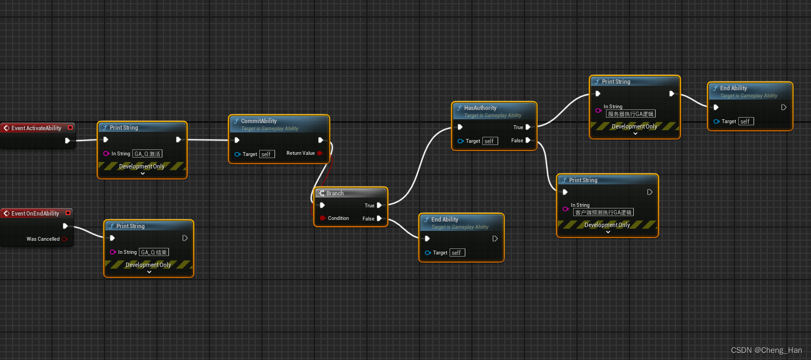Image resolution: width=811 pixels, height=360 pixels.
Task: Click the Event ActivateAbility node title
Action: [36, 128]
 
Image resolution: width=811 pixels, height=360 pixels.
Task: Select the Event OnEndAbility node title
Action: [35, 213]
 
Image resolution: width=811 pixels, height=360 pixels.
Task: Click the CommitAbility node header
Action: [259, 121]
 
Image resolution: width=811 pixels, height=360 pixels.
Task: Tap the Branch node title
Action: [335, 193]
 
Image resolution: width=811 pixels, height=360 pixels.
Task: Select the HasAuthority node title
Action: [480, 108]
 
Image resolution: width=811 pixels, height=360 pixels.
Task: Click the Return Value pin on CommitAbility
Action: [320, 153]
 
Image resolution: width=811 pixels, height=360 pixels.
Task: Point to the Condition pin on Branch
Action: [323, 218]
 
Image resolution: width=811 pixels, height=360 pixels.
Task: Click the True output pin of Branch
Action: [380, 205]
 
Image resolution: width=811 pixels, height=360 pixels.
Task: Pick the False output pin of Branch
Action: [380, 219]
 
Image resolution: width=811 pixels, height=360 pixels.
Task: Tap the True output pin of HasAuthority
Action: [528, 127]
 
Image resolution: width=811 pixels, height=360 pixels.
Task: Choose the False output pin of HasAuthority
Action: [528, 141]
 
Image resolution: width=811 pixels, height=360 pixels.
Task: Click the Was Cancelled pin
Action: [65, 239]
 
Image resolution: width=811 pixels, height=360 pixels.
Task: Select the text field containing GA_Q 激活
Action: [148, 154]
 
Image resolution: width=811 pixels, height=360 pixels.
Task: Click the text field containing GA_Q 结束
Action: [154, 252]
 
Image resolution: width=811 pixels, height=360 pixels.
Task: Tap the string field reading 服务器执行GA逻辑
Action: [631, 114]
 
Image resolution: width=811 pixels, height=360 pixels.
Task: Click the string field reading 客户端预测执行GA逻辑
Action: [603, 212]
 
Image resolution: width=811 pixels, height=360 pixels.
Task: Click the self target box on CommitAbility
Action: [267, 154]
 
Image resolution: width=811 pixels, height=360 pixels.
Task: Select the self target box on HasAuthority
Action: [490, 141]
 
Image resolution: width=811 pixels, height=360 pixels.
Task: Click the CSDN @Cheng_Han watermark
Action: [767, 350]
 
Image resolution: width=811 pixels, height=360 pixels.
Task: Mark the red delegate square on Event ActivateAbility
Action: [70, 127]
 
